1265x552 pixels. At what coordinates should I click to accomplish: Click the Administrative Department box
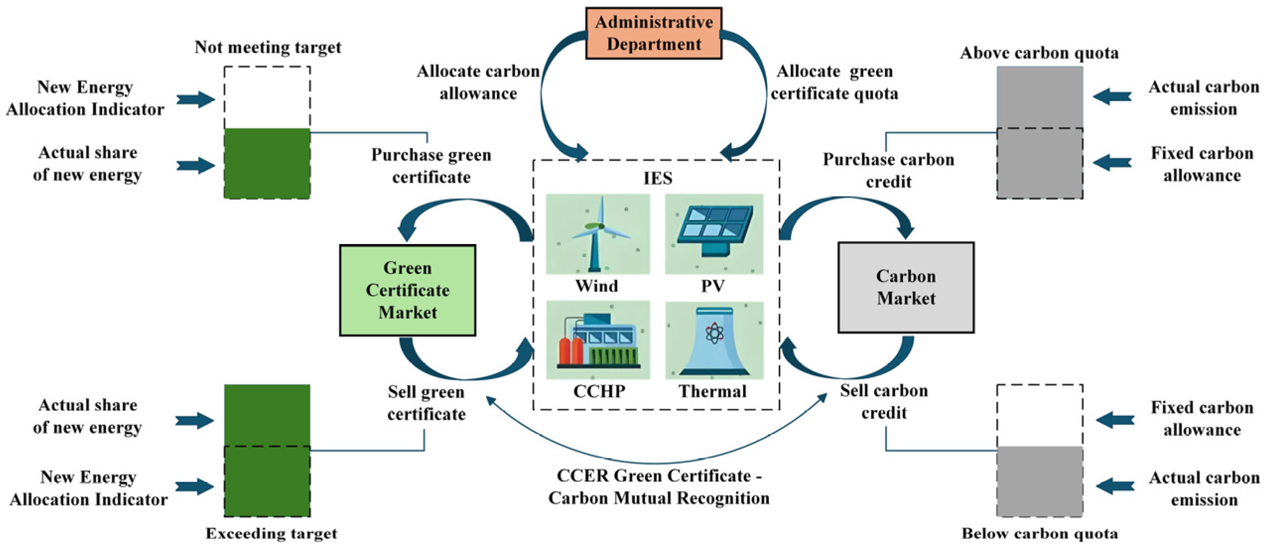coord(653,33)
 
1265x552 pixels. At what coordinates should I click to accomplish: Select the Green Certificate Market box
coord(407,290)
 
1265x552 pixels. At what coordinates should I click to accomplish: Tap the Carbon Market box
coord(905,287)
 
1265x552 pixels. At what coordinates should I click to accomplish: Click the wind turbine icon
coord(597,234)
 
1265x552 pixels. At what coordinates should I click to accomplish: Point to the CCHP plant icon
coord(597,340)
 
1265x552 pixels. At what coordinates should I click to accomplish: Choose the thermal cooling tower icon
coord(713,341)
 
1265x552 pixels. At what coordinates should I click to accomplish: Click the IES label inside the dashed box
coord(657,178)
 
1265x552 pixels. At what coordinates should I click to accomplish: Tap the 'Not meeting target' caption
coord(267,47)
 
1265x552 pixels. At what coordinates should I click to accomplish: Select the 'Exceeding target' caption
coord(271,533)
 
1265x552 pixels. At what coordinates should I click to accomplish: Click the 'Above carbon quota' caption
coord(1039,53)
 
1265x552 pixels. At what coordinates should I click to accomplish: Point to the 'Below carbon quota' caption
coord(1039,533)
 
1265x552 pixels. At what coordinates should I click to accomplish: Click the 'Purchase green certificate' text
coord(431,166)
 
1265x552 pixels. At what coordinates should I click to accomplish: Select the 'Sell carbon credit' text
coord(884,401)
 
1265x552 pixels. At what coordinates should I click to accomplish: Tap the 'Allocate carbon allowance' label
coord(478,82)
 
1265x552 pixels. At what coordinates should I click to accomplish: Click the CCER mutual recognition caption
coord(658,487)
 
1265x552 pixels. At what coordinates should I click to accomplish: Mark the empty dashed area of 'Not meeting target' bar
coord(267,97)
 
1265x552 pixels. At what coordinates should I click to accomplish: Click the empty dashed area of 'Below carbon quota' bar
coord(1039,415)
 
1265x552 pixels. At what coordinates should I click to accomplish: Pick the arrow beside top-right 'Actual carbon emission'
coord(1112,96)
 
